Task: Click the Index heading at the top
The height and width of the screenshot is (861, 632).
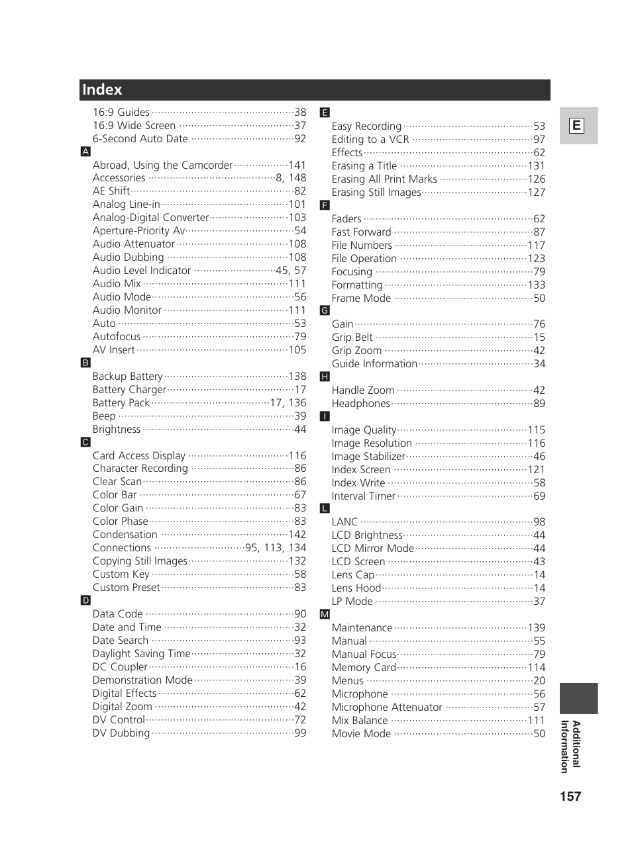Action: (102, 90)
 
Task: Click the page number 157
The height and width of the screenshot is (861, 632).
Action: (570, 796)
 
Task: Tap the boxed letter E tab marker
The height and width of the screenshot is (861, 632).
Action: (577, 126)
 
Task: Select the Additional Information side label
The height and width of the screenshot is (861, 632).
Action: (570, 746)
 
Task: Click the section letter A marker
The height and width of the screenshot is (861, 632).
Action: (85, 152)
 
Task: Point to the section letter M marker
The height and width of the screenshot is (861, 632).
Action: (325, 614)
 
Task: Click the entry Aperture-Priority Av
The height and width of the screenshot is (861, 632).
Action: (138, 231)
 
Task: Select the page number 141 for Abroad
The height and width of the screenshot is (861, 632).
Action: (297, 165)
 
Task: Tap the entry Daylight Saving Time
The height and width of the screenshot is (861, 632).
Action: (141, 654)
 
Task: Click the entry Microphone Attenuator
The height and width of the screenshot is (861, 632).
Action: (387, 707)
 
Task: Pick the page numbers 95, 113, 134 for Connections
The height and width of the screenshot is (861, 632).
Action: (276, 548)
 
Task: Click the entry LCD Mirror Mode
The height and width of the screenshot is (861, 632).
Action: (372, 549)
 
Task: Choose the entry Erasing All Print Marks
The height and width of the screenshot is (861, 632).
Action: (384, 179)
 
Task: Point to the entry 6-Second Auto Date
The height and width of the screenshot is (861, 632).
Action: (141, 139)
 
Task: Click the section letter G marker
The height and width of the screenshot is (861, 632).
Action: (325, 310)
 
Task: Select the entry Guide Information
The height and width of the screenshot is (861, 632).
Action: (374, 364)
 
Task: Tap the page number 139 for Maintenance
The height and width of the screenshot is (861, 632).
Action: (536, 627)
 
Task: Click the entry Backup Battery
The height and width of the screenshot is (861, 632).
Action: (127, 377)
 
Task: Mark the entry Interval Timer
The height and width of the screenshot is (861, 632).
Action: (363, 496)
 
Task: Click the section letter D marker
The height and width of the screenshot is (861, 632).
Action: (85, 600)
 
